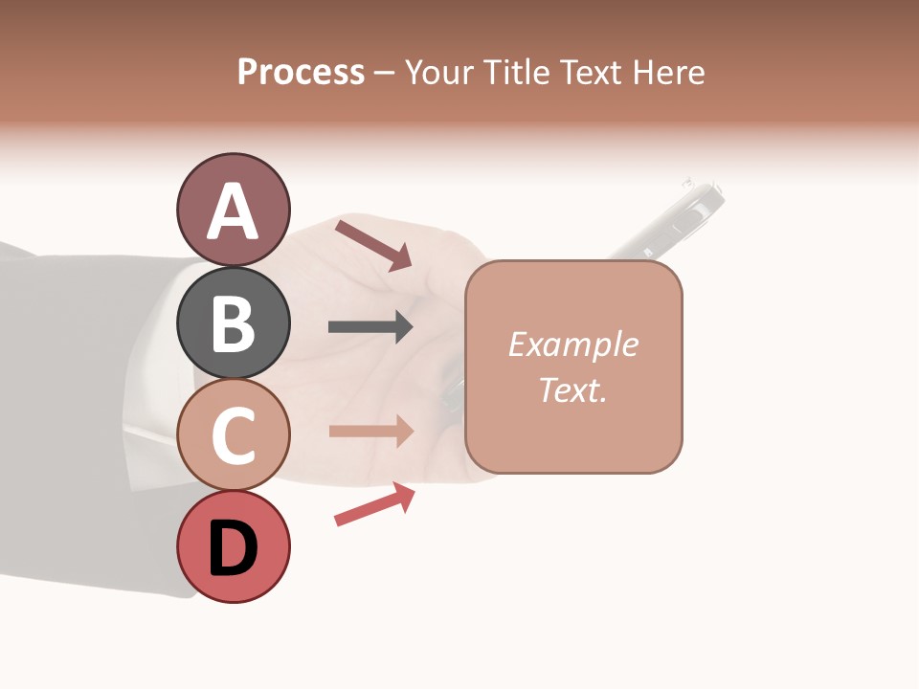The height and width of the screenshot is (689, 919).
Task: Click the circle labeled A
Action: [233, 210]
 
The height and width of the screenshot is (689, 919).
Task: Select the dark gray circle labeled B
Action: [233, 322]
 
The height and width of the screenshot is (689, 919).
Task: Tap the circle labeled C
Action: [233, 434]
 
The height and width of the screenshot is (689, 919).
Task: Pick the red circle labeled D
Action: [233, 546]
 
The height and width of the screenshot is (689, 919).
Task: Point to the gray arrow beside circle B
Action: [370, 327]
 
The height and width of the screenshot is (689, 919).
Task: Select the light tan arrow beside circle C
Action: [370, 432]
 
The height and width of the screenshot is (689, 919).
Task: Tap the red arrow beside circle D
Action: [374, 503]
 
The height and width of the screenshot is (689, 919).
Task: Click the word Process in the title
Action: [301, 72]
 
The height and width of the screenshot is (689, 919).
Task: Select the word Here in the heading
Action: [669, 72]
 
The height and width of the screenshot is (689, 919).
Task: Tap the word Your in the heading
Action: [439, 72]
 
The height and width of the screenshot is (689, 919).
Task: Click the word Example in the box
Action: [572, 344]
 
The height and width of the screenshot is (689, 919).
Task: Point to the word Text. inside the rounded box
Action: [572, 389]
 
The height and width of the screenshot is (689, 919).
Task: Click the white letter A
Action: [233, 211]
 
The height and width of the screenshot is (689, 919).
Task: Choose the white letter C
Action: [233, 435]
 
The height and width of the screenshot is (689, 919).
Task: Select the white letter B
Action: [233, 323]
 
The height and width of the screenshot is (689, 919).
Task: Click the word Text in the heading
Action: [591, 72]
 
